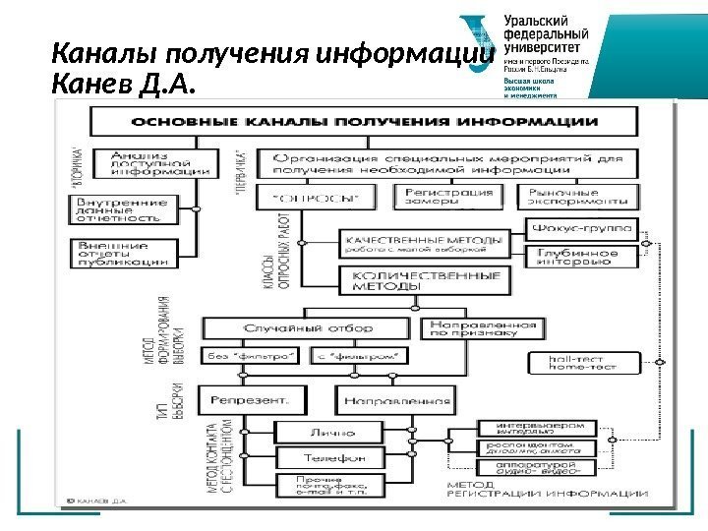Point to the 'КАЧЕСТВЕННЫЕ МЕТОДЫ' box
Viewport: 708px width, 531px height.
[x=424, y=243]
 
